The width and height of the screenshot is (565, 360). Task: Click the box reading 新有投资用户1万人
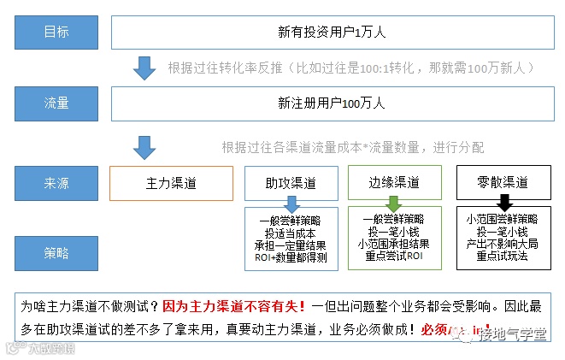pyautogui.click(x=331, y=32)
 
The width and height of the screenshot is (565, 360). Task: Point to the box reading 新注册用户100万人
pyautogui.click(x=331, y=103)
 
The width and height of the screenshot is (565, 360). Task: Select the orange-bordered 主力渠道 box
pyautogui.click(x=171, y=183)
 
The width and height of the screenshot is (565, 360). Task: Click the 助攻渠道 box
pyautogui.click(x=291, y=183)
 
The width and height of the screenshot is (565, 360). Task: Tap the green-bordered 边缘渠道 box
pyautogui.click(x=394, y=183)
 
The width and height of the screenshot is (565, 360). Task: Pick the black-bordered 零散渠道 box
pyautogui.click(x=503, y=183)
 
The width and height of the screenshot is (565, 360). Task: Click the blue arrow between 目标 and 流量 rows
pyautogui.click(x=144, y=68)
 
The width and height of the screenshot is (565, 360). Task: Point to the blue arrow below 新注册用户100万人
pyautogui.click(x=144, y=147)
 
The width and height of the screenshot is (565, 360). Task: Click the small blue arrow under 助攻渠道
pyautogui.click(x=291, y=204)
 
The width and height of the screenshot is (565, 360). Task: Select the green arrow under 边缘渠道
pyautogui.click(x=394, y=204)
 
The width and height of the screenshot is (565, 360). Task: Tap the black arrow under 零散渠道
pyautogui.click(x=503, y=204)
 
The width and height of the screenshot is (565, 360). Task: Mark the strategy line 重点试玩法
pyautogui.click(x=503, y=255)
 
